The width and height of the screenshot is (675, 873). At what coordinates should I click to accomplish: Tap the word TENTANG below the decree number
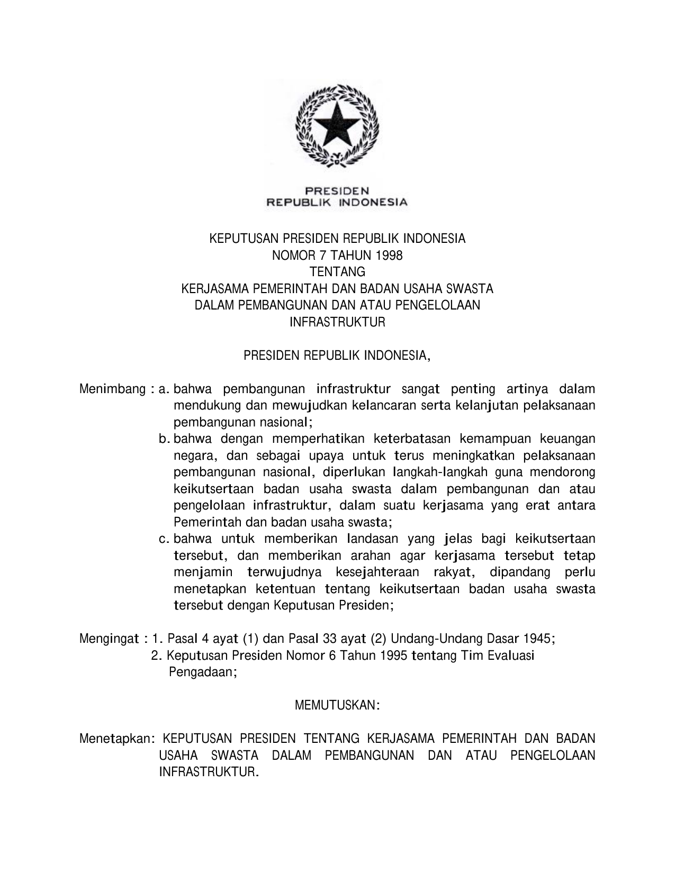(337, 272)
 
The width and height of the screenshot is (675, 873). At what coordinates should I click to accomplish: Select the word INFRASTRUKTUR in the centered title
(337, 322)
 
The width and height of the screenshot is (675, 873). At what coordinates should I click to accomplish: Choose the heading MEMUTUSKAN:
(337, 705)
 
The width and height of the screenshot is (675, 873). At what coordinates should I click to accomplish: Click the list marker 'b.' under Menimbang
(164, 439)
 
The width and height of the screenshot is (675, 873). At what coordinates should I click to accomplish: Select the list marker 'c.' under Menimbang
(164, 539)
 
